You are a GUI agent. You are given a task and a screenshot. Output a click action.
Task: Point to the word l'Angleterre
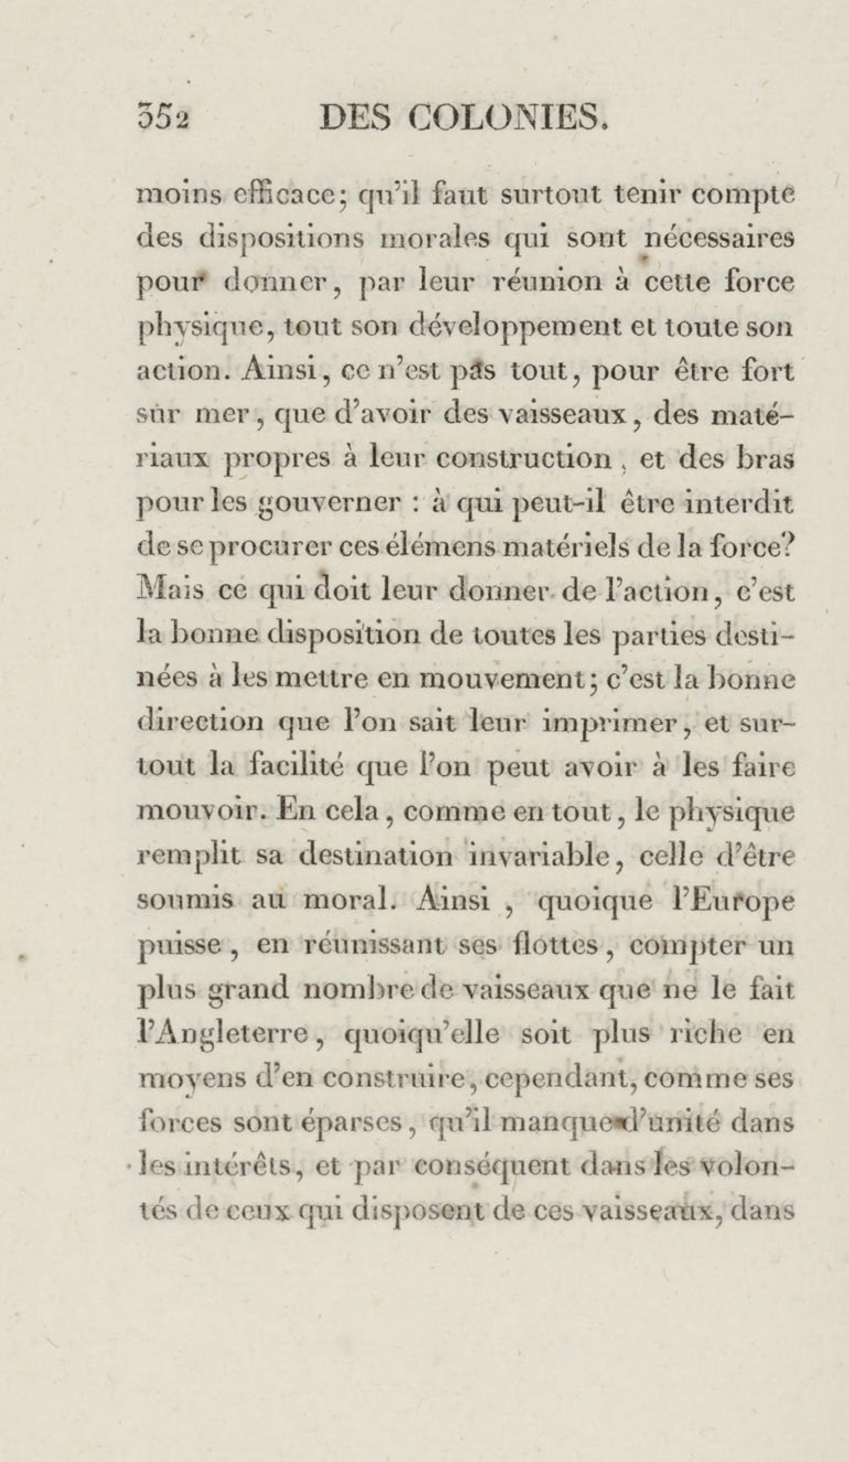tap(222, 1035)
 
